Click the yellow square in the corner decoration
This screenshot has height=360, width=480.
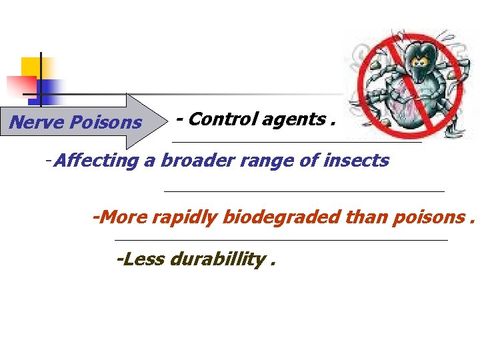point(31,67)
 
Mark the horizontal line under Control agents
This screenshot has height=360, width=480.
point(297,142)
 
